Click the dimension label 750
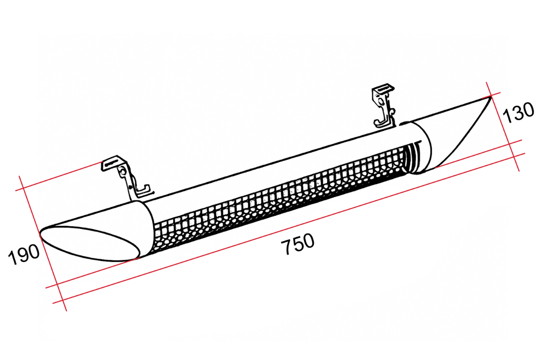298,244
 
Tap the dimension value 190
24,254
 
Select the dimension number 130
518,113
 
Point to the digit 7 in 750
286,247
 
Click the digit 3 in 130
518,113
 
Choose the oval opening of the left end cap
90,244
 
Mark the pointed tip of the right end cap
491,96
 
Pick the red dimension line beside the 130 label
503,126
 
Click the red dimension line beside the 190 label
42,244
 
